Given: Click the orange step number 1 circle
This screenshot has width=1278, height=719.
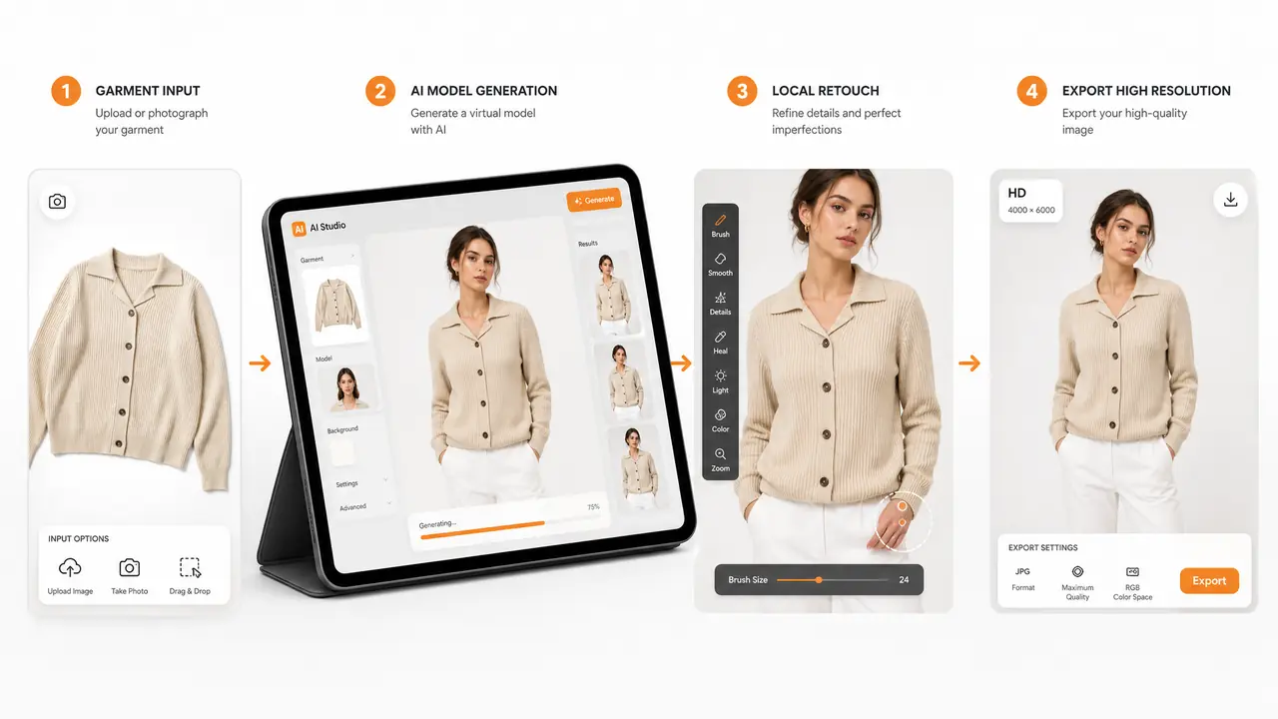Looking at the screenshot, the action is pos(66,91).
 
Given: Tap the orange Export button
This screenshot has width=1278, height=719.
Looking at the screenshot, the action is pos(1209,580).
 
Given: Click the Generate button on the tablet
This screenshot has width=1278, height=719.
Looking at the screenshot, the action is pos(594,200).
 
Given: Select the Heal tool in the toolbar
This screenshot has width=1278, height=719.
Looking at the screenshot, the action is pos(720,343).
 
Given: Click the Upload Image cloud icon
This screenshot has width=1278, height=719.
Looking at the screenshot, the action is pos(70,567).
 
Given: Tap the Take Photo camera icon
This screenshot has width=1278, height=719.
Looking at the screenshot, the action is pos(130,567).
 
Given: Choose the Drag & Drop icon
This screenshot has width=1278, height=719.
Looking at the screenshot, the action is pos(190,568).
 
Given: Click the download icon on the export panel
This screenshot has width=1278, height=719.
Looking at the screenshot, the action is pos(1231,199).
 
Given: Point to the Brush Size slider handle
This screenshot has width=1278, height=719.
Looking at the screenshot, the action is pos(819,580).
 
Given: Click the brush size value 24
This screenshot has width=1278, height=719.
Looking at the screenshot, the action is pos(904,580).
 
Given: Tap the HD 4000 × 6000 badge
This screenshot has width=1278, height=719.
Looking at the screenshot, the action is pos(1031,201).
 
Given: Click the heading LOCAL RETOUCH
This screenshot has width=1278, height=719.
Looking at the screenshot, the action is pos(826,91).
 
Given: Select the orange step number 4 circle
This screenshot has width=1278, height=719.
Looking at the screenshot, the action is pos(1031,91).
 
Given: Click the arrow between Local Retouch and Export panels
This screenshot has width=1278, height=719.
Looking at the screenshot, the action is pos(969,362).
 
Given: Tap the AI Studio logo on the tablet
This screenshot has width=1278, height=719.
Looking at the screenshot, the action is pos(300,229).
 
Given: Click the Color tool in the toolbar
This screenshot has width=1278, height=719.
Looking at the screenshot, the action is pos(720,420).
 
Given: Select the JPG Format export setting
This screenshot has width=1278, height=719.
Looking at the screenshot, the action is pos(1023,578).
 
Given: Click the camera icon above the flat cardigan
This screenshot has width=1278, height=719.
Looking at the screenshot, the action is pos(57,202).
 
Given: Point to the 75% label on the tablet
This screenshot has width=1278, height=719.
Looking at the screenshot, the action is pos(593,506).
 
